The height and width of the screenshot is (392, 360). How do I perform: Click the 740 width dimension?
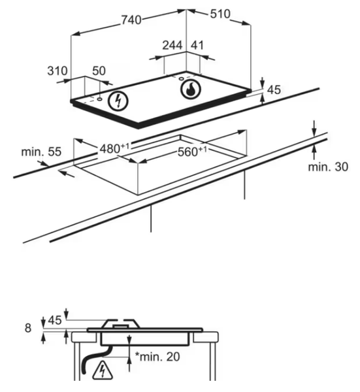pyautogui.click(x=131, y=20)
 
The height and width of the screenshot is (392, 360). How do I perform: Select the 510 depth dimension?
pyautogui.click(x=220, y=14)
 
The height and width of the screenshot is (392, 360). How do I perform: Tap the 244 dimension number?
pyautogui.click(x=172, y=45)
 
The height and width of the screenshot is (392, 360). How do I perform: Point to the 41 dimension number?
pyautogui.click(x=197, y=45)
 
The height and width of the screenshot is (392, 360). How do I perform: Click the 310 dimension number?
pyautogui.click(x=57, y=71)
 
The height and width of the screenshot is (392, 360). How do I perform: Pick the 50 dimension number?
pyautogui.click(x=99, y=71)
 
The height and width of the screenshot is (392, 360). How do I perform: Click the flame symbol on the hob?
pyautogui.click(x=191, y=90)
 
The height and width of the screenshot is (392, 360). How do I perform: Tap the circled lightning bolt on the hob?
pyautogui.click(x=118, y=101)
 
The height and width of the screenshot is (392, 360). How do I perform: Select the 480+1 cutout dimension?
pyautogui.click(x=114, y=148)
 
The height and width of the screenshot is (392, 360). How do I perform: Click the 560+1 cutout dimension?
pyautogui.click(x=192, y=152)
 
